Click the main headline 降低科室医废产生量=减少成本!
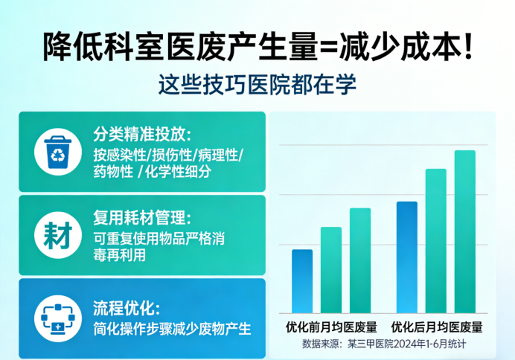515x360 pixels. (257, 48)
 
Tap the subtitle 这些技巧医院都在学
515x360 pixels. (257, 83)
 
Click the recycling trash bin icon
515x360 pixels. (57, 151)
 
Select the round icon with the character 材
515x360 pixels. (57, 235)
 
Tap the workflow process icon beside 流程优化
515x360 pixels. (57, 318)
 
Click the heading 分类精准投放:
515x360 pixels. (142, 135)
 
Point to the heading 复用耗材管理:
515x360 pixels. (142, 219)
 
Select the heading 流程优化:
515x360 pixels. (127, 307)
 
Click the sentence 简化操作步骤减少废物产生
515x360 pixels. (172, 328)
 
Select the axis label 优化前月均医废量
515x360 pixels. (331, 327)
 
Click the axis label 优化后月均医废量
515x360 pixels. (437, 327)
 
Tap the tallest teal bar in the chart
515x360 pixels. (465, 231)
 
